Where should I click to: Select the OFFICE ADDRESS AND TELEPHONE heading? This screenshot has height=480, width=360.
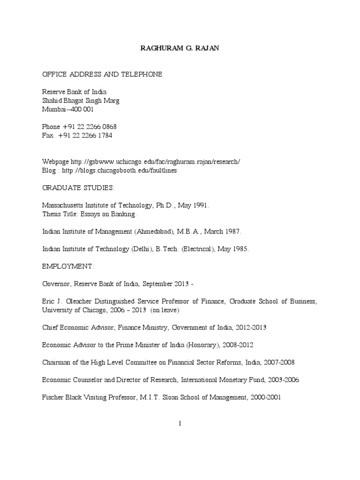coord(102,75)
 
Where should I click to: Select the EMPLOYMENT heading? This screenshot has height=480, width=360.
coord(68,266)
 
